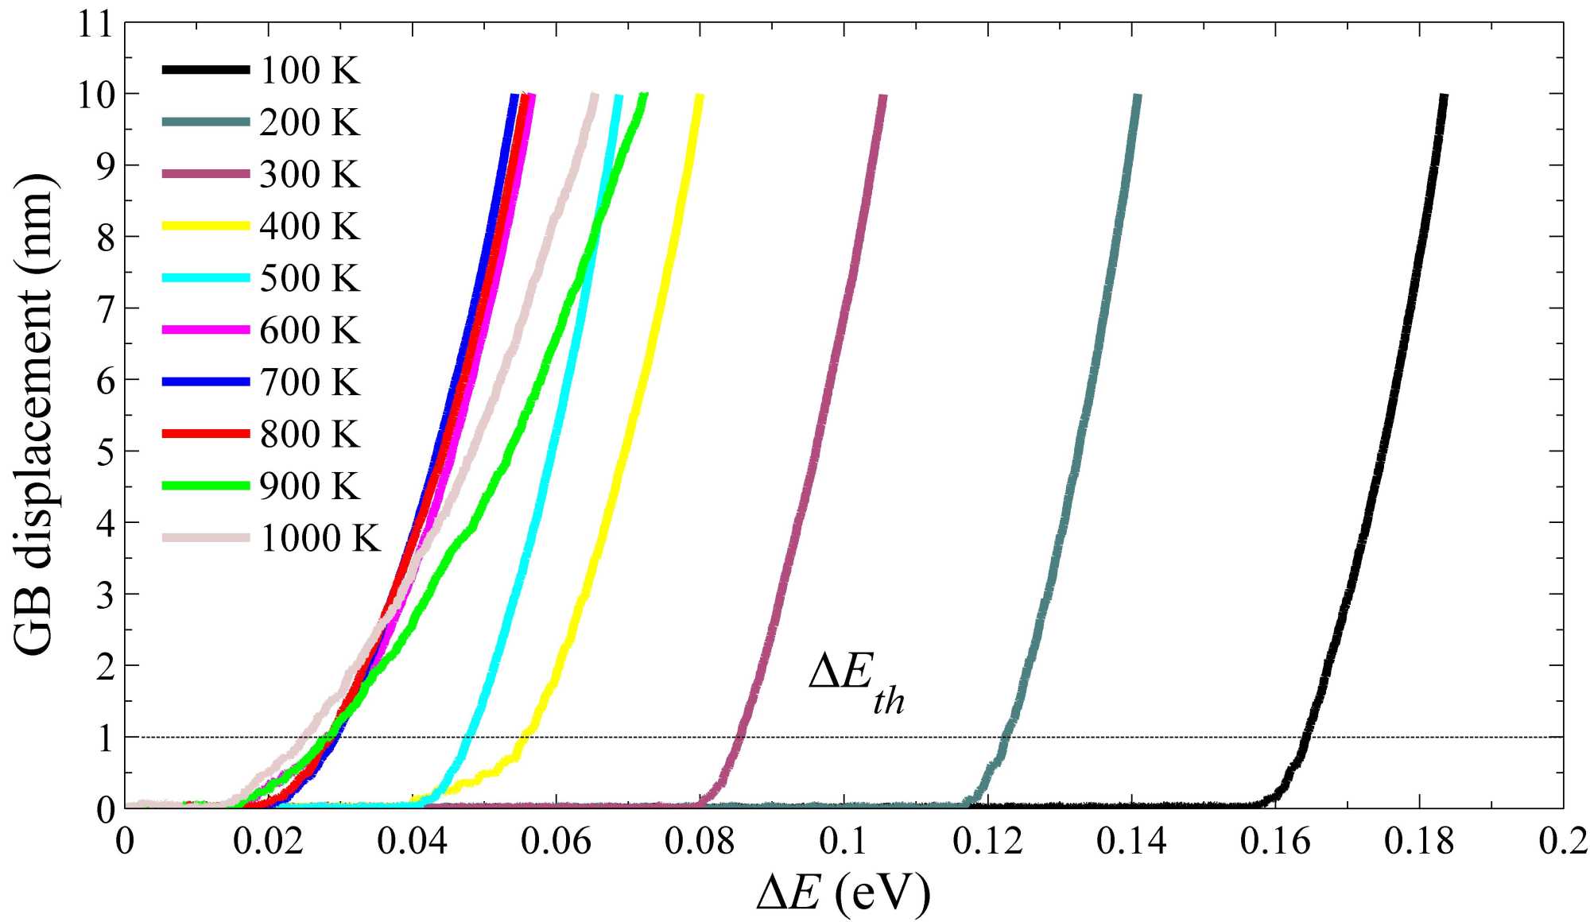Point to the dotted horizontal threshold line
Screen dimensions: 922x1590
pos(1153,738)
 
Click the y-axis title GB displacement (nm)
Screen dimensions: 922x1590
pos(36,413)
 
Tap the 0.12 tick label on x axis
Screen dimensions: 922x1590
pos(987,842)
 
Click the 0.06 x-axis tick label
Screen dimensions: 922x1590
pos(556,842)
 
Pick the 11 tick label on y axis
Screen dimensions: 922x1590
pos(97,24)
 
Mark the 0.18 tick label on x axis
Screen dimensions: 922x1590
pos(1419,842)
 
